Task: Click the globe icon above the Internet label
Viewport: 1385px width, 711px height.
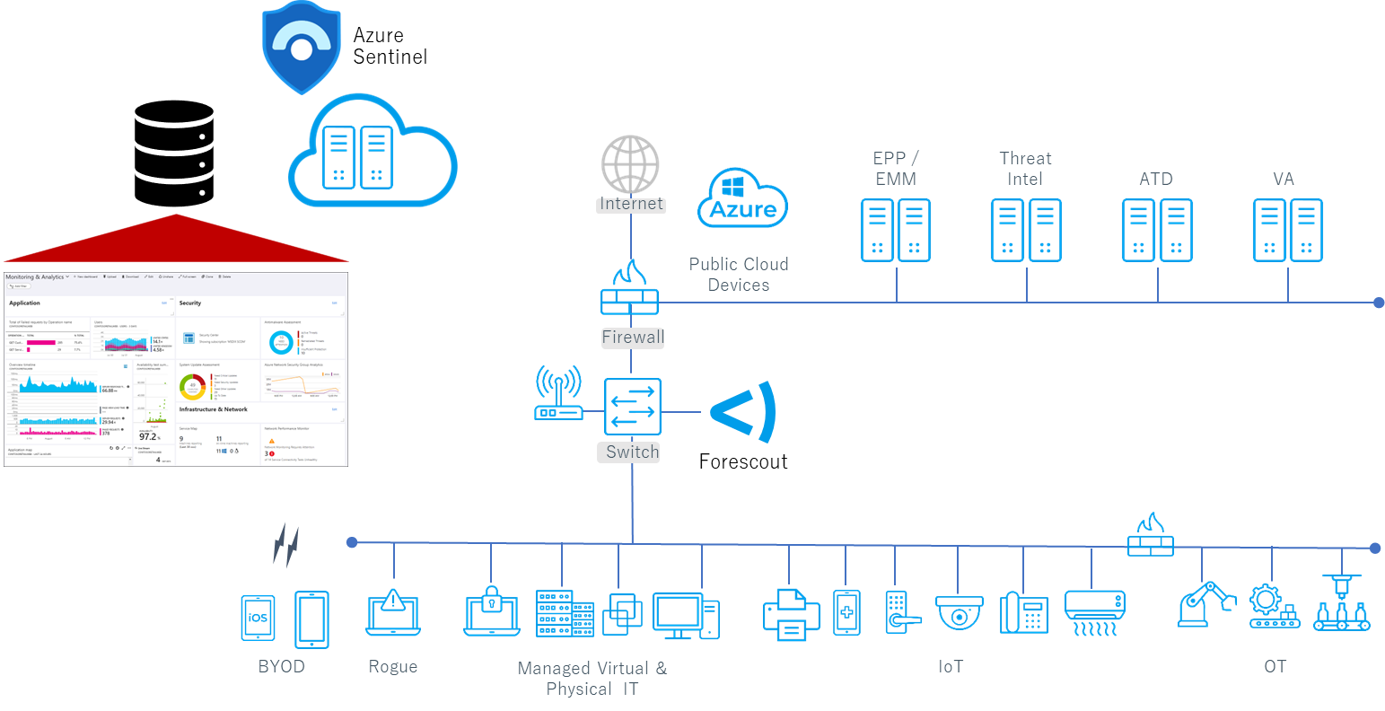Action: click(x=630, y=163)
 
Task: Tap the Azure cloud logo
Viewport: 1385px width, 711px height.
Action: click(x=742, y=197)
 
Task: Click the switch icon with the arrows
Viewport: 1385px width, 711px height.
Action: click(x=632, y=409)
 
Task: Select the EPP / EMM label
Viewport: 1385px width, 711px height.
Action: click(x=895, y=168)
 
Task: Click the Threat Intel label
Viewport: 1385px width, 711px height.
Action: click(x=1025, y=168)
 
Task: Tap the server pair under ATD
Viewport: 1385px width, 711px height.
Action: click(x=1157, y=231)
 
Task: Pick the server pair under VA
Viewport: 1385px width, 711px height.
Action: click(x=1288, y=231)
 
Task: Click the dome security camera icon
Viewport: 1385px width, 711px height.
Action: click(x=960, y=613)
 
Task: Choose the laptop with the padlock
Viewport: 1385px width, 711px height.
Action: click(x=491, y=610)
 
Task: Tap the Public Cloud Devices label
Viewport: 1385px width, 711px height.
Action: click(x=738, y=274)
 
